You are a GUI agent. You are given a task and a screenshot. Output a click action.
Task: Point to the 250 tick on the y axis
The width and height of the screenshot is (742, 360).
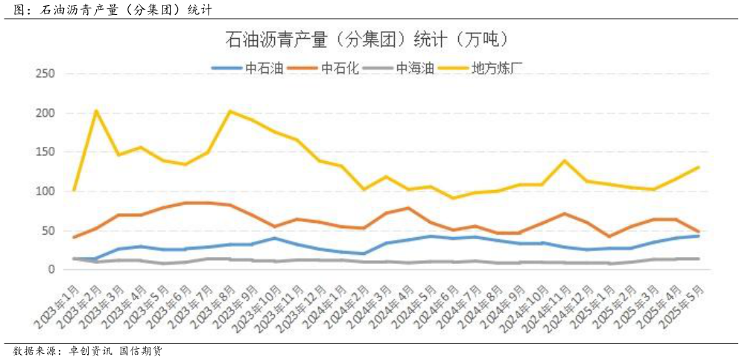pos(45,74)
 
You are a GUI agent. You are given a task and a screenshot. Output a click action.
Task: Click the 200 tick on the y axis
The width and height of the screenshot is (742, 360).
pos(45,113)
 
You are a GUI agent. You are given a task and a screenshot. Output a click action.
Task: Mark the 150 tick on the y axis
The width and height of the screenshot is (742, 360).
pos(45,152)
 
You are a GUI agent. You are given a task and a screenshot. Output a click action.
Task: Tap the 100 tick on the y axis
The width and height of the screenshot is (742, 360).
pos(45,192)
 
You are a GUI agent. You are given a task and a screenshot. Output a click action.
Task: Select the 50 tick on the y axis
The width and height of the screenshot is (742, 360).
pos(49,230)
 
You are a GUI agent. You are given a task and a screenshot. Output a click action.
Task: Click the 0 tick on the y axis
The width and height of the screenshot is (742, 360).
pos(52,269)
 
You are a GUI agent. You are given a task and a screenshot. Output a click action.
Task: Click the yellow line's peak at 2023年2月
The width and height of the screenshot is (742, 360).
pos(96,110)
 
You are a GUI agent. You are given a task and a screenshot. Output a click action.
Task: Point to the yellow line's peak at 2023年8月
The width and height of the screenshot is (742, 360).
pos(229,111)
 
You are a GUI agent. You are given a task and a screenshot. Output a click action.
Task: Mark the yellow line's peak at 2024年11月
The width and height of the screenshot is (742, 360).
pos(565,160)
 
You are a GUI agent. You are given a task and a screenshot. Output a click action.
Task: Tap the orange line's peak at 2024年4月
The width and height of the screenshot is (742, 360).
pos(408,208)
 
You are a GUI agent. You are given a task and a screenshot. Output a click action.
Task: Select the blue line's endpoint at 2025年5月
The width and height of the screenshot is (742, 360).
pos(697,236)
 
